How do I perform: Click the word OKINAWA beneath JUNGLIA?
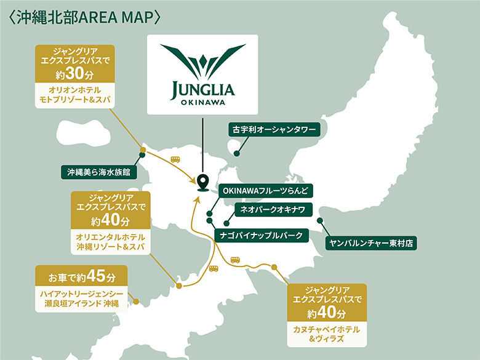(x=202, y=102)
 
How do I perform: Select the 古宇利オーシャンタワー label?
(x=274, y=130)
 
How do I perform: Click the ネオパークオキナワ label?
(x=268, y=210)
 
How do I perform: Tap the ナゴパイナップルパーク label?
(x=262, y=234)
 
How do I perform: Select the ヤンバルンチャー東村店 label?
(x=371, y=243)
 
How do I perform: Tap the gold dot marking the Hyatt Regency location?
(x=135, y=302)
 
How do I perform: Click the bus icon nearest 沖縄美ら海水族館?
(x=175, y=159)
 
